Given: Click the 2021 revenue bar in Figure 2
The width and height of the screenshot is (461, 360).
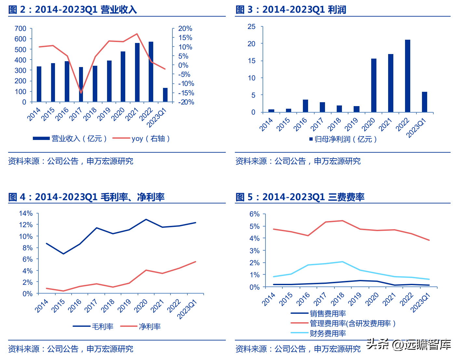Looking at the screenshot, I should pyautogui.click(x=137, y=72).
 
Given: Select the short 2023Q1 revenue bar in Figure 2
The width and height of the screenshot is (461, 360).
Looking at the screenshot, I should pyautogui.click(x=165, y=95).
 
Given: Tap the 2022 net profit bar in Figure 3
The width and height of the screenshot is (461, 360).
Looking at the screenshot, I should pyautogui.click(x=407, y=76).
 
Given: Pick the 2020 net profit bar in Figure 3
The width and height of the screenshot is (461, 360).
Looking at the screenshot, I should pyautogui.click(x=373, y=85).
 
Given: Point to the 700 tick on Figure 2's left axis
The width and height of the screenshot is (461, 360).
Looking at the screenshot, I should pyautogui.click(x=20, y=29).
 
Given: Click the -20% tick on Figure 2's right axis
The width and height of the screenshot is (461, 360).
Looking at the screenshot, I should pyautogui.click(x=186, y=102).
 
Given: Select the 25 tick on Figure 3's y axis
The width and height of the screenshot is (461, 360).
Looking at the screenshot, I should pyautogui.click(x=251, y=27).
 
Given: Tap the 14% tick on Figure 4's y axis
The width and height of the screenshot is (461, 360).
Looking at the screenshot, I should pyautogui.click(x=26, y=214).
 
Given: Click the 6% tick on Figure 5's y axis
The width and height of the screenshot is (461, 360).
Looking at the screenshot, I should pyautogui.click(x=254, y=214).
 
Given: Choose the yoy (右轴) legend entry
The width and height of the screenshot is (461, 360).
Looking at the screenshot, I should pyautogui.click(x=142, y=139).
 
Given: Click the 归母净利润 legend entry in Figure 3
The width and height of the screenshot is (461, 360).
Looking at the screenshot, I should pyautogui.click(x=343, y=139).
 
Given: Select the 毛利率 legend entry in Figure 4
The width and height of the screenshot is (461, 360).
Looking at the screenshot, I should pyautogui.click(x=93, y=326).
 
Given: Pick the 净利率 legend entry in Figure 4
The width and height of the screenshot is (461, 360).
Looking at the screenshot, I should pyautogui.click(x=141, y=326).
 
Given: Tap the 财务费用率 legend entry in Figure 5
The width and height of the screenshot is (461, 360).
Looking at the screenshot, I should pyautogui.click(x=319, y=333).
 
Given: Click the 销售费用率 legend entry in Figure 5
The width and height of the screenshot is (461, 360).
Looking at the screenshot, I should pyautogui.click(x=319, y=313).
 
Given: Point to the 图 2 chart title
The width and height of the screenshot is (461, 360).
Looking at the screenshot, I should pyautogui.click(x=73, y=10).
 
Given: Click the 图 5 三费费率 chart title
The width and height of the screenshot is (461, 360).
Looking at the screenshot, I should pyautogui.click(x=300, y=197).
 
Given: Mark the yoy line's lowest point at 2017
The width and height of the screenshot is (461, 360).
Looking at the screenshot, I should pyautogui.click(x=81, y=93).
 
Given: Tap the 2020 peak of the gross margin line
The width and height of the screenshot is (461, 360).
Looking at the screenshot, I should pyautogui.click(x=146, y=219).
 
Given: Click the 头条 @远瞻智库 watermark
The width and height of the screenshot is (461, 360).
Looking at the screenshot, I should pyautogui.click(x=409, y=344).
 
